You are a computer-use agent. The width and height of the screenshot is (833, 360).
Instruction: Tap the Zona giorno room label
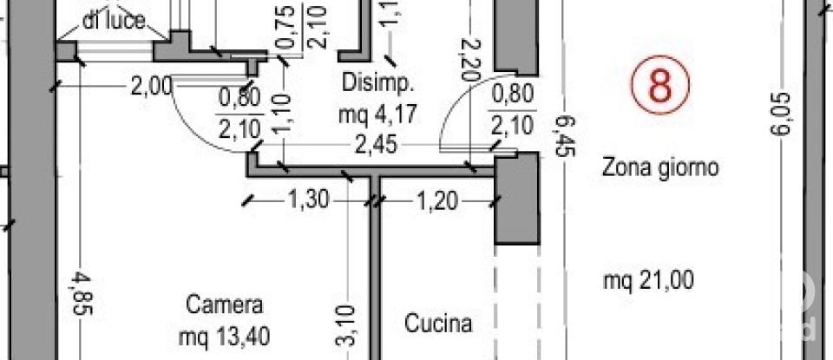(660, 168)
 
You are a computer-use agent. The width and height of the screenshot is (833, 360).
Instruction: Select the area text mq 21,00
(648, 281)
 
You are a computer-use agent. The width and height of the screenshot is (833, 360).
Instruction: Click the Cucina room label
(439, 324)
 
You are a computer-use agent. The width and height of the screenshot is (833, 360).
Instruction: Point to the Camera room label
(224, 305)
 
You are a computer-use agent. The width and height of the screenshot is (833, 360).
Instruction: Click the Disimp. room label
(379, 84)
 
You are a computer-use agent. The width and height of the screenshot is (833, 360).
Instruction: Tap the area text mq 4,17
(379, 114)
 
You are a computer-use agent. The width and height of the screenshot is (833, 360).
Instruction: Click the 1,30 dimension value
(307, 201)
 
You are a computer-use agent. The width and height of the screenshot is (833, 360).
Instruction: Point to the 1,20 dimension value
(437, 201)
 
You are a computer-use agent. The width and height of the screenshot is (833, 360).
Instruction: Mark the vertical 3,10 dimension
(344, 323)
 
